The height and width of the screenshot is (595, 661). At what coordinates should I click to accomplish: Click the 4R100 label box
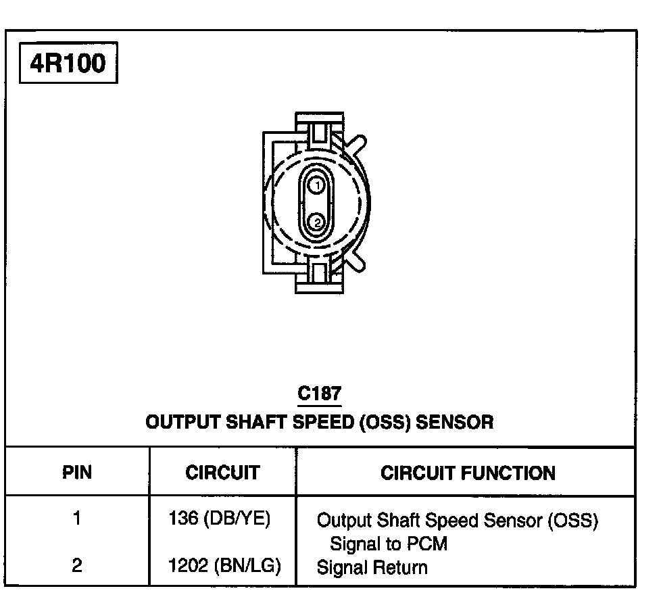coord(68,64)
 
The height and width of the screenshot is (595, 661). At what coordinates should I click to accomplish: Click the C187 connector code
coord(319,394)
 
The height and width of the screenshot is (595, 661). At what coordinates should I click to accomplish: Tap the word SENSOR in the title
coord(454,423)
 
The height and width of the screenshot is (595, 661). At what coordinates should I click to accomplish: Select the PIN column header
coord(78,472)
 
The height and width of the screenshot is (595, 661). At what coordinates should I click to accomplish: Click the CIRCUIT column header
coord(222,472)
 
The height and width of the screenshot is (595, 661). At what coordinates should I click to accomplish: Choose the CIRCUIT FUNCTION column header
coord(468,472)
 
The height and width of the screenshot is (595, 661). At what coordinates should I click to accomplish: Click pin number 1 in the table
coord(78,519)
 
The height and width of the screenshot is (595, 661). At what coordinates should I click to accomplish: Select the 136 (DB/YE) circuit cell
coord(220,519)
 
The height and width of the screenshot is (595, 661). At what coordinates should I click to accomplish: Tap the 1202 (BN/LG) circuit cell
coord(224,566)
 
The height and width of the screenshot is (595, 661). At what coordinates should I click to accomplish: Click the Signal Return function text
coord(372,567)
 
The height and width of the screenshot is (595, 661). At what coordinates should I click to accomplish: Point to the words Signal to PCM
coord(388,544)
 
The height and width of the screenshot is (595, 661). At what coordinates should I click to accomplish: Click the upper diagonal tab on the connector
coord(356,144)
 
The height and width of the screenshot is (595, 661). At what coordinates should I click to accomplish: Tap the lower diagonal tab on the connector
coord(356,259)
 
